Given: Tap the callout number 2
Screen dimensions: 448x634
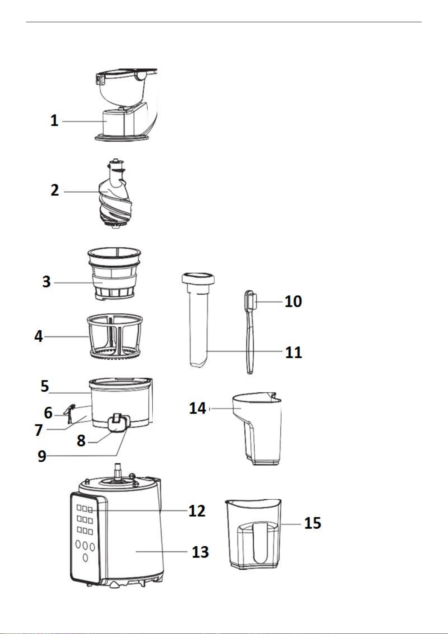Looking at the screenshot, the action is (55, 190).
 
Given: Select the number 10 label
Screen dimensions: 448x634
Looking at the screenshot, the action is (293, 301).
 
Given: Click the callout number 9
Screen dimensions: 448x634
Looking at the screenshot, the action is (42, 456).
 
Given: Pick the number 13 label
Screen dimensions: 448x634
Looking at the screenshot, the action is (200, 552).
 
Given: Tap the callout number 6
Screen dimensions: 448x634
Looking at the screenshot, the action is (48, 413).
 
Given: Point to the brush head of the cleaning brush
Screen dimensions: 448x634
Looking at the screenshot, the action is (251, 301).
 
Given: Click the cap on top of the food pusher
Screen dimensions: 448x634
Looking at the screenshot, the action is (198, 278).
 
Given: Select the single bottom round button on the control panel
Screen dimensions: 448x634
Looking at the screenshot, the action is (85, 558).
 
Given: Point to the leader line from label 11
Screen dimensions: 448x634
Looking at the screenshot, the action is (244, 351).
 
